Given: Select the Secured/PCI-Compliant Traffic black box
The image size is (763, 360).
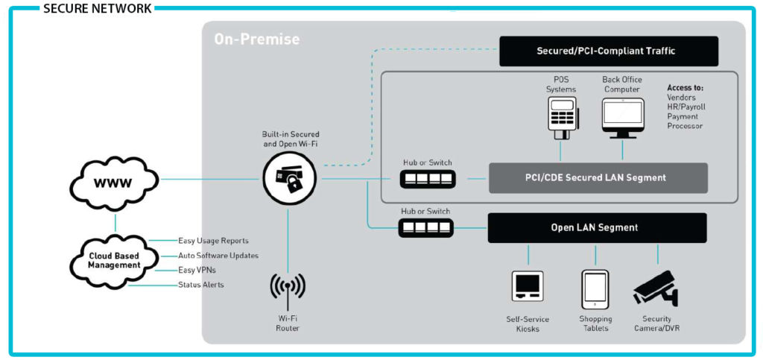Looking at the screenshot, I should click(609, 51).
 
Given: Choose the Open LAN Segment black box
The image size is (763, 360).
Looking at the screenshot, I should click(597, 227).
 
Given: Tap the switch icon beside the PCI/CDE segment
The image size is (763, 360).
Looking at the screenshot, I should click(425, 179).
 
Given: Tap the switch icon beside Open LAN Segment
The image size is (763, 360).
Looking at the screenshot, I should click(425, 227).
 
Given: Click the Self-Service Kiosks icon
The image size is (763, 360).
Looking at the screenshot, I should click(528, 287).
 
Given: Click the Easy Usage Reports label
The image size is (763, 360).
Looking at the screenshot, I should click(213, 241).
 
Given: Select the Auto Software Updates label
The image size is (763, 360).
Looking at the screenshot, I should click(218, 256).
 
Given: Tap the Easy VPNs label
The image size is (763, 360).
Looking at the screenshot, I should click(197, 270).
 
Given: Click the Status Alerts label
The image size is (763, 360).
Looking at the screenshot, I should click(200, 285).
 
